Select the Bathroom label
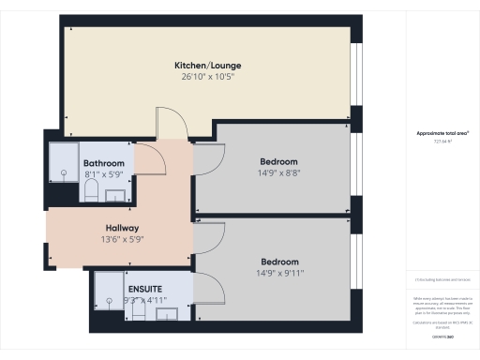pyautogui.click(x=104, y=163)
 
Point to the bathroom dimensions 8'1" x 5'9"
pyautogui.click(x=104, y=174)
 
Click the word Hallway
pyautogui.click(x=122, y=228)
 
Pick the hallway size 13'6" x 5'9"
pyautogui.click(x=122, y=239)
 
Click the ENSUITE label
pyautogui.click(x=145, y=288)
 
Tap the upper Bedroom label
pyautogui.click(x=278, y=161)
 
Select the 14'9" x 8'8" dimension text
pyautogui.click(x=278, y=172)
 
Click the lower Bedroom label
pyautogui.click(x=279, y=262)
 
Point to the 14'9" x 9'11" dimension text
pyautogui.click(x=279, y=273)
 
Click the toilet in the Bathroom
pyautogui.click(x=91, y=192)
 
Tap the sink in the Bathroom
pyautogui.click(x=117, y=195)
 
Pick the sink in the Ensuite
pyautogui.click(x=165, y=314)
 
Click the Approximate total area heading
pyautogui.click(x=442, y=134)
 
